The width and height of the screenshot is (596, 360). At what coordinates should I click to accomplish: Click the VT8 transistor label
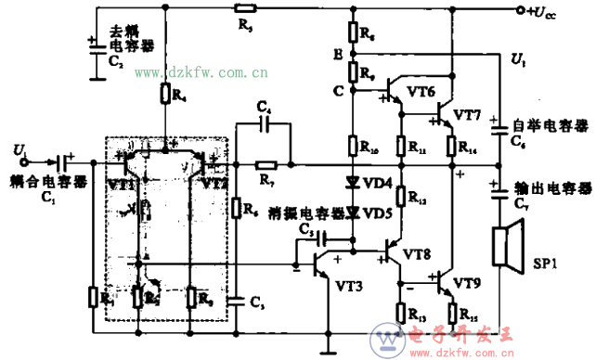419,253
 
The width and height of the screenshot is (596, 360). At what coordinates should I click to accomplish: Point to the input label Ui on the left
20,149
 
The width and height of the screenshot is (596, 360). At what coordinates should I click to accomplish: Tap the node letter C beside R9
340,90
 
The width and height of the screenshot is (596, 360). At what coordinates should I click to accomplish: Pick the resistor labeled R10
355,145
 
